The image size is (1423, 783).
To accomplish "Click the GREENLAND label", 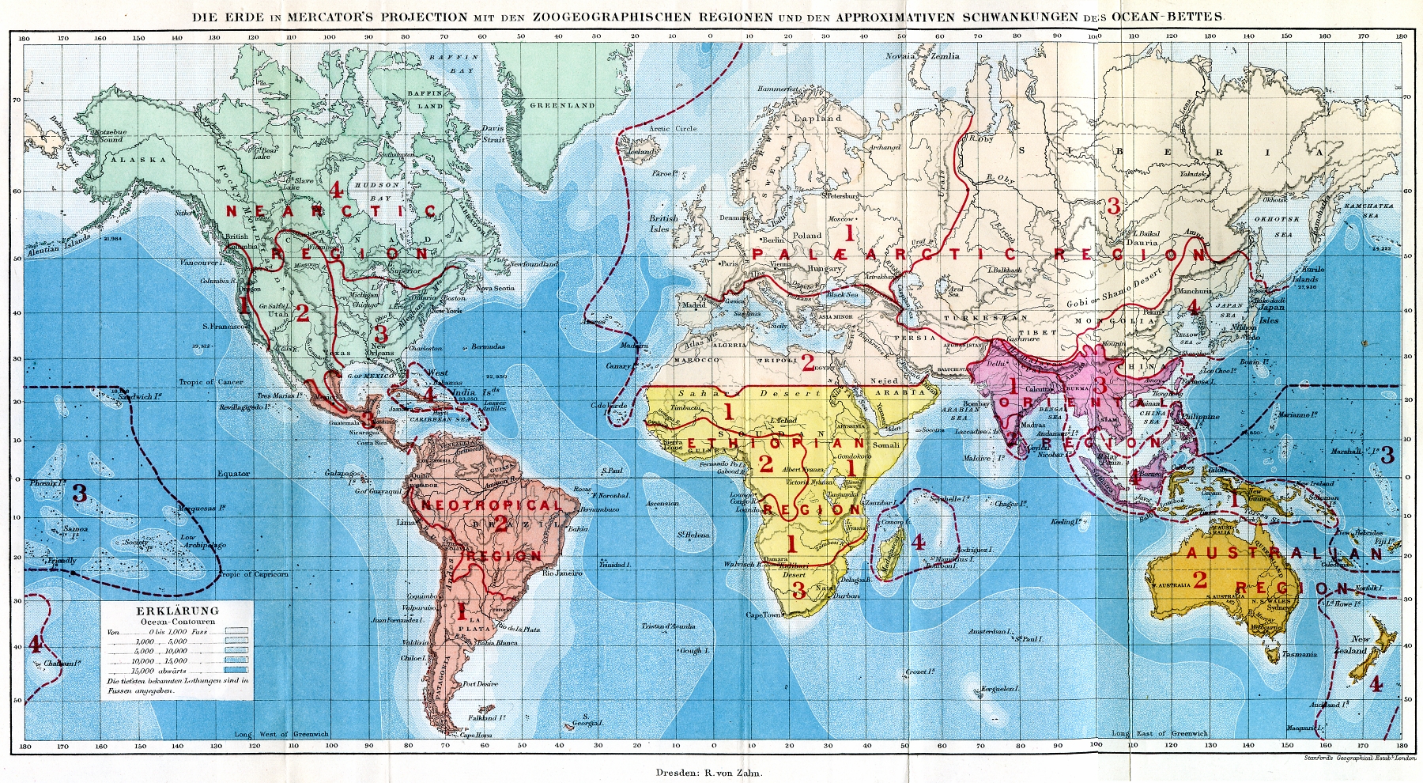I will (x=562, y=105).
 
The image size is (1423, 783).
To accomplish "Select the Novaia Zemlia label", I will (x=922, y=56).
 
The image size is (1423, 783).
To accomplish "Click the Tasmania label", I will (x=1300, y=654).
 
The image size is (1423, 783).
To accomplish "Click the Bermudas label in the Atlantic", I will (x=489, y=347).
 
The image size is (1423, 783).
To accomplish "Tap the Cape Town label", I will (x=763, y=615).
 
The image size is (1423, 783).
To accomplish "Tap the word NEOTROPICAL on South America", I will (x=490, y=505).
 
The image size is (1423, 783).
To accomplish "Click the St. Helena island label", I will (x=693, y=535).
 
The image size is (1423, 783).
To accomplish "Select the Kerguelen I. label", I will (x=1002, y=689).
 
